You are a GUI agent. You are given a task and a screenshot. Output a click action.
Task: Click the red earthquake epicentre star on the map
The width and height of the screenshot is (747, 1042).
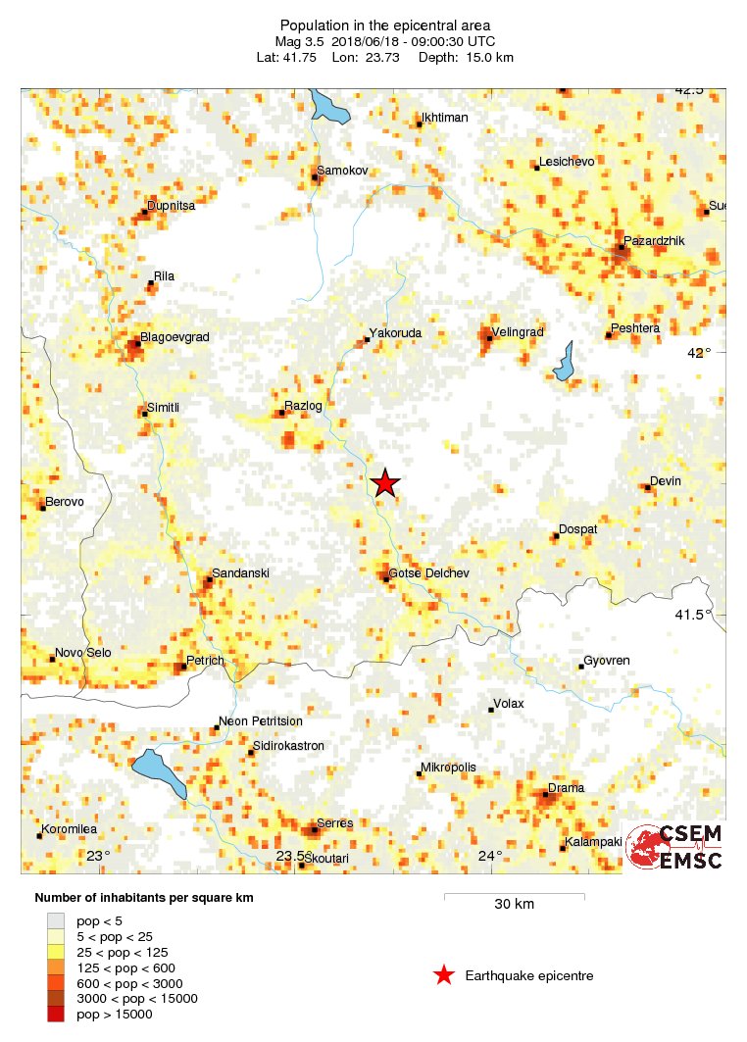[x=385, y=483]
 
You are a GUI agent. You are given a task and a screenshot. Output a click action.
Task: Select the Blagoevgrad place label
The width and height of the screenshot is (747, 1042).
[x=174, y=337]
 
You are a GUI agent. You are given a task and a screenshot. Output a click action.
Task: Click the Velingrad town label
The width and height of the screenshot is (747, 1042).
[x=517, y=332]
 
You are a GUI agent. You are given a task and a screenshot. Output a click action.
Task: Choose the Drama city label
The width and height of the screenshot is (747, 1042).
[x=566, y=788]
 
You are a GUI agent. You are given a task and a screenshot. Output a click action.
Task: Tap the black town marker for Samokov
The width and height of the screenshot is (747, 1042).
[x=315, y=177]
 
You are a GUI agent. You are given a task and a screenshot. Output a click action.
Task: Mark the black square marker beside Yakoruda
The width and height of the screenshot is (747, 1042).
[x=368, y=340]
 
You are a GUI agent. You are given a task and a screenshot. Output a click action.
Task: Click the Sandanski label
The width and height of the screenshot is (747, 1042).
[x=240, y=572]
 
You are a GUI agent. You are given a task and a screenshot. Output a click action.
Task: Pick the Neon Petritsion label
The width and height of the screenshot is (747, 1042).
[x=260, y=720]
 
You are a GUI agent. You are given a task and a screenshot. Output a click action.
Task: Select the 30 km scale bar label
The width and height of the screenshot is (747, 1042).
[x=514, y=904]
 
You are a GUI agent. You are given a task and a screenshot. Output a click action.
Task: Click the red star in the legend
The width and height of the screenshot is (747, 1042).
[x=444, y=975]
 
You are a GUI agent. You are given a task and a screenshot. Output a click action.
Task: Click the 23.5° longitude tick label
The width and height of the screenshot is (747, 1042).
[x=290, y=856]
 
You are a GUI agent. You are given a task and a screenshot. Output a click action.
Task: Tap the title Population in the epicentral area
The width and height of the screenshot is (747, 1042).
[x=385, y=25]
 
